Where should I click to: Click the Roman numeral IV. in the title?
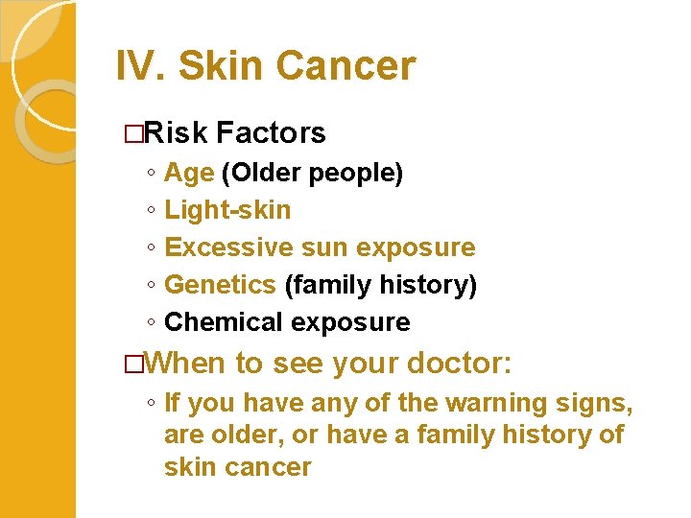[141, 66]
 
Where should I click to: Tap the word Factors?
[272, 132]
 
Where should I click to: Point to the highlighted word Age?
[189, 173]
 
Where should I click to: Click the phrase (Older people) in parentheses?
[312, 173]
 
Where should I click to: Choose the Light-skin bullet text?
[227, 209]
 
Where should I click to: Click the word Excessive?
[227, 247]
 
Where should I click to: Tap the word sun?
[320, 247]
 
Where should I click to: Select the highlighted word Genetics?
[220, 285]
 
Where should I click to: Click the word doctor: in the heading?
[460, 364]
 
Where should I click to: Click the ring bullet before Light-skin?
[152, 210]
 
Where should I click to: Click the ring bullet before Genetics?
[152, 286]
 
